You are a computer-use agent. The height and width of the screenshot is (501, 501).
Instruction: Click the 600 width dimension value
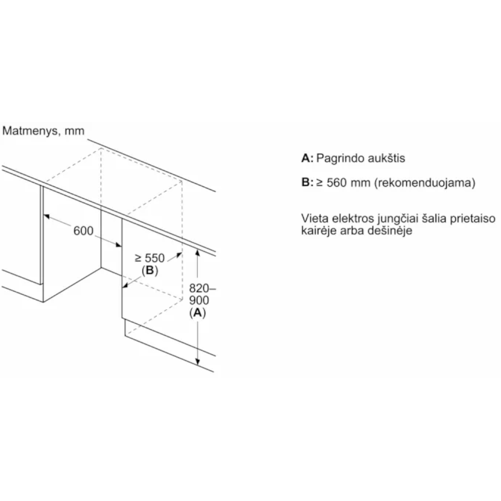point(83,231)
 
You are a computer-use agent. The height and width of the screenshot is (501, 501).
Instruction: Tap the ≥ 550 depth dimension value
point(150,258)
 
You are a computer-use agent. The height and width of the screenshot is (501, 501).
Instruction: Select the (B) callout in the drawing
point(150,270)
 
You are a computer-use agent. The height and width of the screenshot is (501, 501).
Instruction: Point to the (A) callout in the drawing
point(198,312)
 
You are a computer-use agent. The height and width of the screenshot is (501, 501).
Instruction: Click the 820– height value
point(203,288)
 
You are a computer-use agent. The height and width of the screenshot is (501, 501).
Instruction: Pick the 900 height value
point(199,300)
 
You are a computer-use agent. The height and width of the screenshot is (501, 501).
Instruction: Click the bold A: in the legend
point(307,158)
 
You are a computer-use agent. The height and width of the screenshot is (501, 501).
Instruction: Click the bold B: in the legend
point(307,182)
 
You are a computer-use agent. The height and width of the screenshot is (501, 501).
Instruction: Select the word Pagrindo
point(340,159)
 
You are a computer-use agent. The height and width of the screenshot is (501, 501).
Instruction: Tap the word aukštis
point(387,158)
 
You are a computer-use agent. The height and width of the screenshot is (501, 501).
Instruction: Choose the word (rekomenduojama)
point(425,183)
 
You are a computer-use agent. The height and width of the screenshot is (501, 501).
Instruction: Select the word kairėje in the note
point(319,231)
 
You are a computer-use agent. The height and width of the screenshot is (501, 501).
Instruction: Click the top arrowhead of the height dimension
point(198,253)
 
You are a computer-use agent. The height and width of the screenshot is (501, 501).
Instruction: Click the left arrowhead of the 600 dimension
point(46,216)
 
